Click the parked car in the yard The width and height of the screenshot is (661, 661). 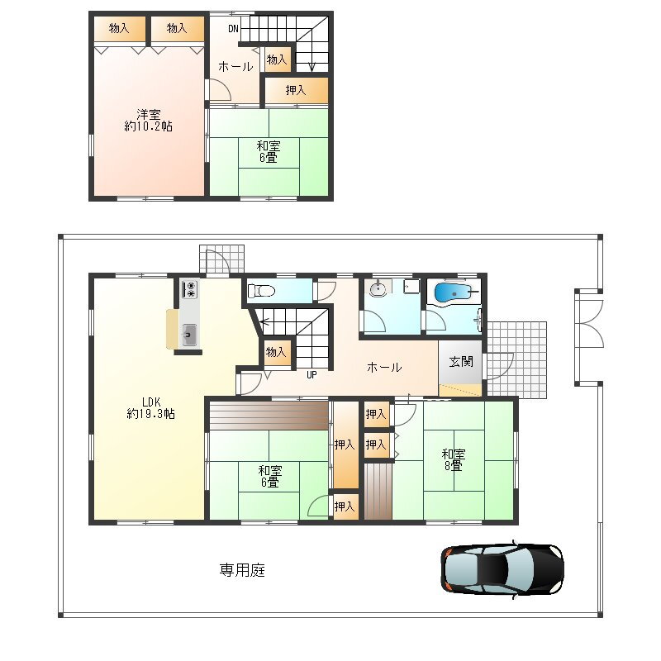click(502, 570)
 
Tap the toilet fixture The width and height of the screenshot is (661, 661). click(261, 291)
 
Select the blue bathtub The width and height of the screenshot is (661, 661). click(452, 292)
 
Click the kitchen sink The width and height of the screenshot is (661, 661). click(189, 335)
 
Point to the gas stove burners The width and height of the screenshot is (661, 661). click(190, 289)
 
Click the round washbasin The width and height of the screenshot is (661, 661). click(378, 289)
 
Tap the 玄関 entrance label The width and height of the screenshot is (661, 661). click(461, 361)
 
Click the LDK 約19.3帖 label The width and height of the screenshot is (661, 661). click(151, 407)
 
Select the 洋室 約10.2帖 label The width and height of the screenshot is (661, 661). click(149, 120)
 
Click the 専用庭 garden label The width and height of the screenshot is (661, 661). click(242, 570)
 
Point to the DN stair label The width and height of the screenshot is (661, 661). click(233, 29)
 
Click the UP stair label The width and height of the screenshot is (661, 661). click(311, 374)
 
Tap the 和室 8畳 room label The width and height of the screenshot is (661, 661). click(454, 459)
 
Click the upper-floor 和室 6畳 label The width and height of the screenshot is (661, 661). click(269, 152)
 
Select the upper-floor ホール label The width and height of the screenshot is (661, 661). click(235, 66)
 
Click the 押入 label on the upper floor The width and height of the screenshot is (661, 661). click(296, 90)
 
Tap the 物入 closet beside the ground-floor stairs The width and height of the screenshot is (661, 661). click(276, 352)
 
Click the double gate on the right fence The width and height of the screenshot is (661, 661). click(589, 337)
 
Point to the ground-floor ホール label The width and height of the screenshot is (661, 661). click(384, 367)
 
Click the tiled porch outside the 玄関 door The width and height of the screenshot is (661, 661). click(517, 360)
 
